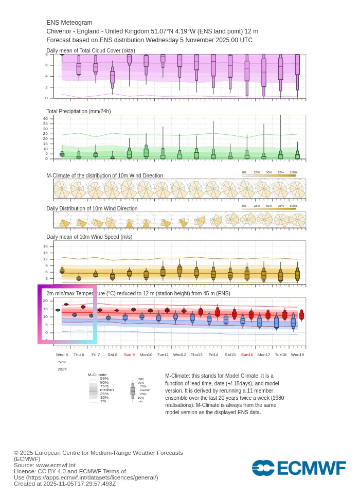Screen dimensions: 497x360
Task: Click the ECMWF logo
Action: click(x=299, y=468)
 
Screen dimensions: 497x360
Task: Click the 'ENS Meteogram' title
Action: click(x=69, y=23)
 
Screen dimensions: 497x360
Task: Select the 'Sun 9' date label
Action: click(x=129, y=354)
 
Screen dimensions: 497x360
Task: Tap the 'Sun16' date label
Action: click(x=247, y=354)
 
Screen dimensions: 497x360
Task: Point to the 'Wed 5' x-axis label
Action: click(x=62, y=354)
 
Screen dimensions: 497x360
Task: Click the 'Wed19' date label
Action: click(x=297, y=354)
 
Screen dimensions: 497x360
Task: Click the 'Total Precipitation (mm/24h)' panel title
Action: click(x=79, y=111)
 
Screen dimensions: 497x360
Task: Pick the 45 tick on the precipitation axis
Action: click(x=45, y=114)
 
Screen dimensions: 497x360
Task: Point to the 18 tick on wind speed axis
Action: click(x=45, y=246)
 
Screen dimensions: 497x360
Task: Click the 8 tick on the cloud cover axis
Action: click(x=46, y=54)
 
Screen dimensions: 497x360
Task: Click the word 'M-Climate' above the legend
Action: click(x=97, y=375)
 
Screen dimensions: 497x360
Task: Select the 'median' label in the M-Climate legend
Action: click(x=107, y=390)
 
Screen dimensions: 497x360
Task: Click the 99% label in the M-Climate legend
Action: click(x=104, y=379)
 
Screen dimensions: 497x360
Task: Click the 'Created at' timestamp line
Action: click(x=65, y=484)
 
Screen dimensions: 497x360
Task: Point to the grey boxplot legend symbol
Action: click(x=133, y=390)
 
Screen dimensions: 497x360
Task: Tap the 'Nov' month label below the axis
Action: click(x=62, y=362)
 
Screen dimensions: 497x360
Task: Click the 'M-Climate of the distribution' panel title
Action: click(x=105, y=175)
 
